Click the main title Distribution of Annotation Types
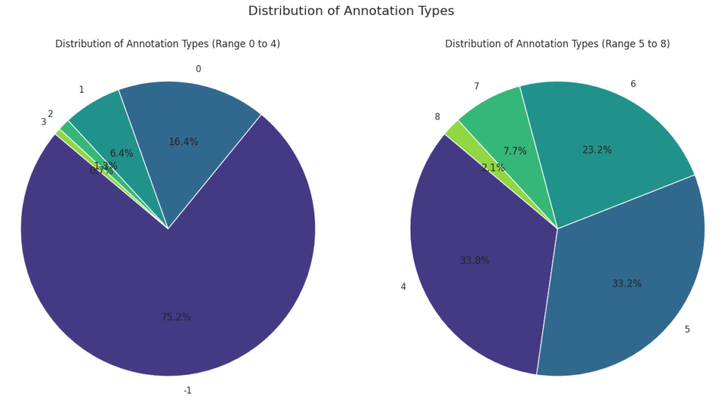pyautogui.click(x=350, y=11)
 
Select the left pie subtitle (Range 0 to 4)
pyautogui.click(x=168, y=44)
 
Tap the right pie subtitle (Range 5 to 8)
pyautogui.click(x=557, y=44)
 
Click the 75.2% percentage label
pyautogui.click(x=176, y=317)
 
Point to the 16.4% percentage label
pyautogui.click(x=183, y=142)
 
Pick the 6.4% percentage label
pyautogui.click(x=122, y=154)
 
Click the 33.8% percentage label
pyautogui.click(x=474, y=261)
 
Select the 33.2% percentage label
pyautogui.click(x=627, y=284)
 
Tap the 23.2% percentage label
pyautogui.click(x=597, y=150)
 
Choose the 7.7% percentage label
pyautogui.click(x=515, y=151)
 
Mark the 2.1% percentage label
pyautogui.click(x=493, y=168)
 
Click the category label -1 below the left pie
pyautogui.click(x=188, y=390)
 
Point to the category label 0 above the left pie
pyautogui.click(x=198, y=69)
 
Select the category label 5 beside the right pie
pyautogui.click(x=687, y=329)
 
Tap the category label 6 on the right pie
pyautogui.click(x=633, y=84)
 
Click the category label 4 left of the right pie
pyautogui.click(x=404, y=287)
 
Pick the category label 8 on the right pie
pyautogui.click(x=438, y=117)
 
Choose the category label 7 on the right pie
pyautogui.click(x=476, y=86)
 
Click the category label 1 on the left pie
pyautogui.click(x=81, y=90)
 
